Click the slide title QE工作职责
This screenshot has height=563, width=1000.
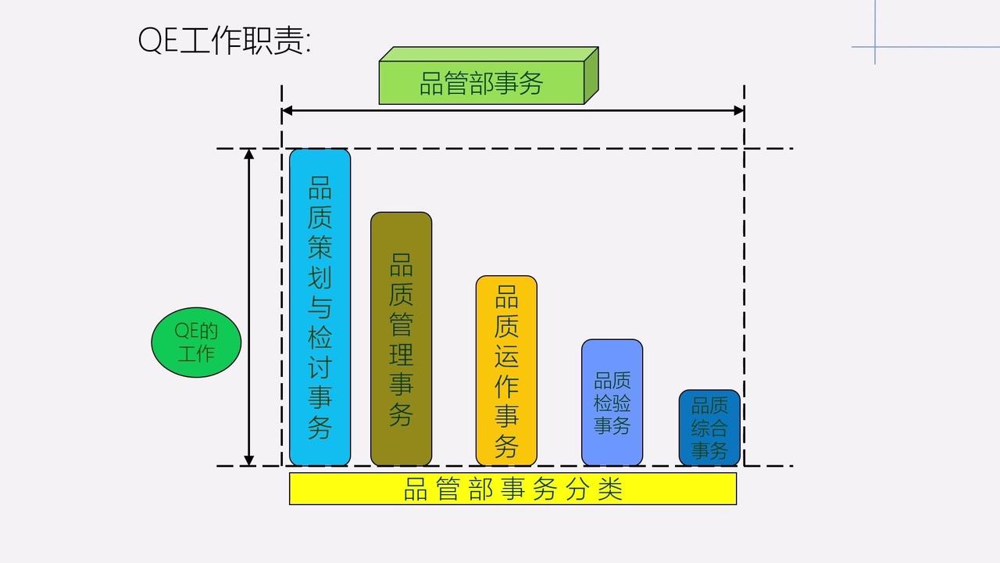point(224,41)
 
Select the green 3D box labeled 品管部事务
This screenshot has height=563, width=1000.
point(482,82)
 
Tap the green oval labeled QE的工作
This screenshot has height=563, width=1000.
point(196,342)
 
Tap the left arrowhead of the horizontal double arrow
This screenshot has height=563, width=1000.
point(287,111)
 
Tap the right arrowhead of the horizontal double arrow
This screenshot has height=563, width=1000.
point(739,111)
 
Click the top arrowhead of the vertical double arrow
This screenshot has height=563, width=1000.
point(249,153)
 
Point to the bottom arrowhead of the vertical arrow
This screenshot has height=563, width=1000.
point(249,461)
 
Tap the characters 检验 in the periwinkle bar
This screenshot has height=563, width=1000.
point(612,403)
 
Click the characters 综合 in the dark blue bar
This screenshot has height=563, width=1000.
point(709,429)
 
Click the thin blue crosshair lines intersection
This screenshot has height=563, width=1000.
point(875,47)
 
